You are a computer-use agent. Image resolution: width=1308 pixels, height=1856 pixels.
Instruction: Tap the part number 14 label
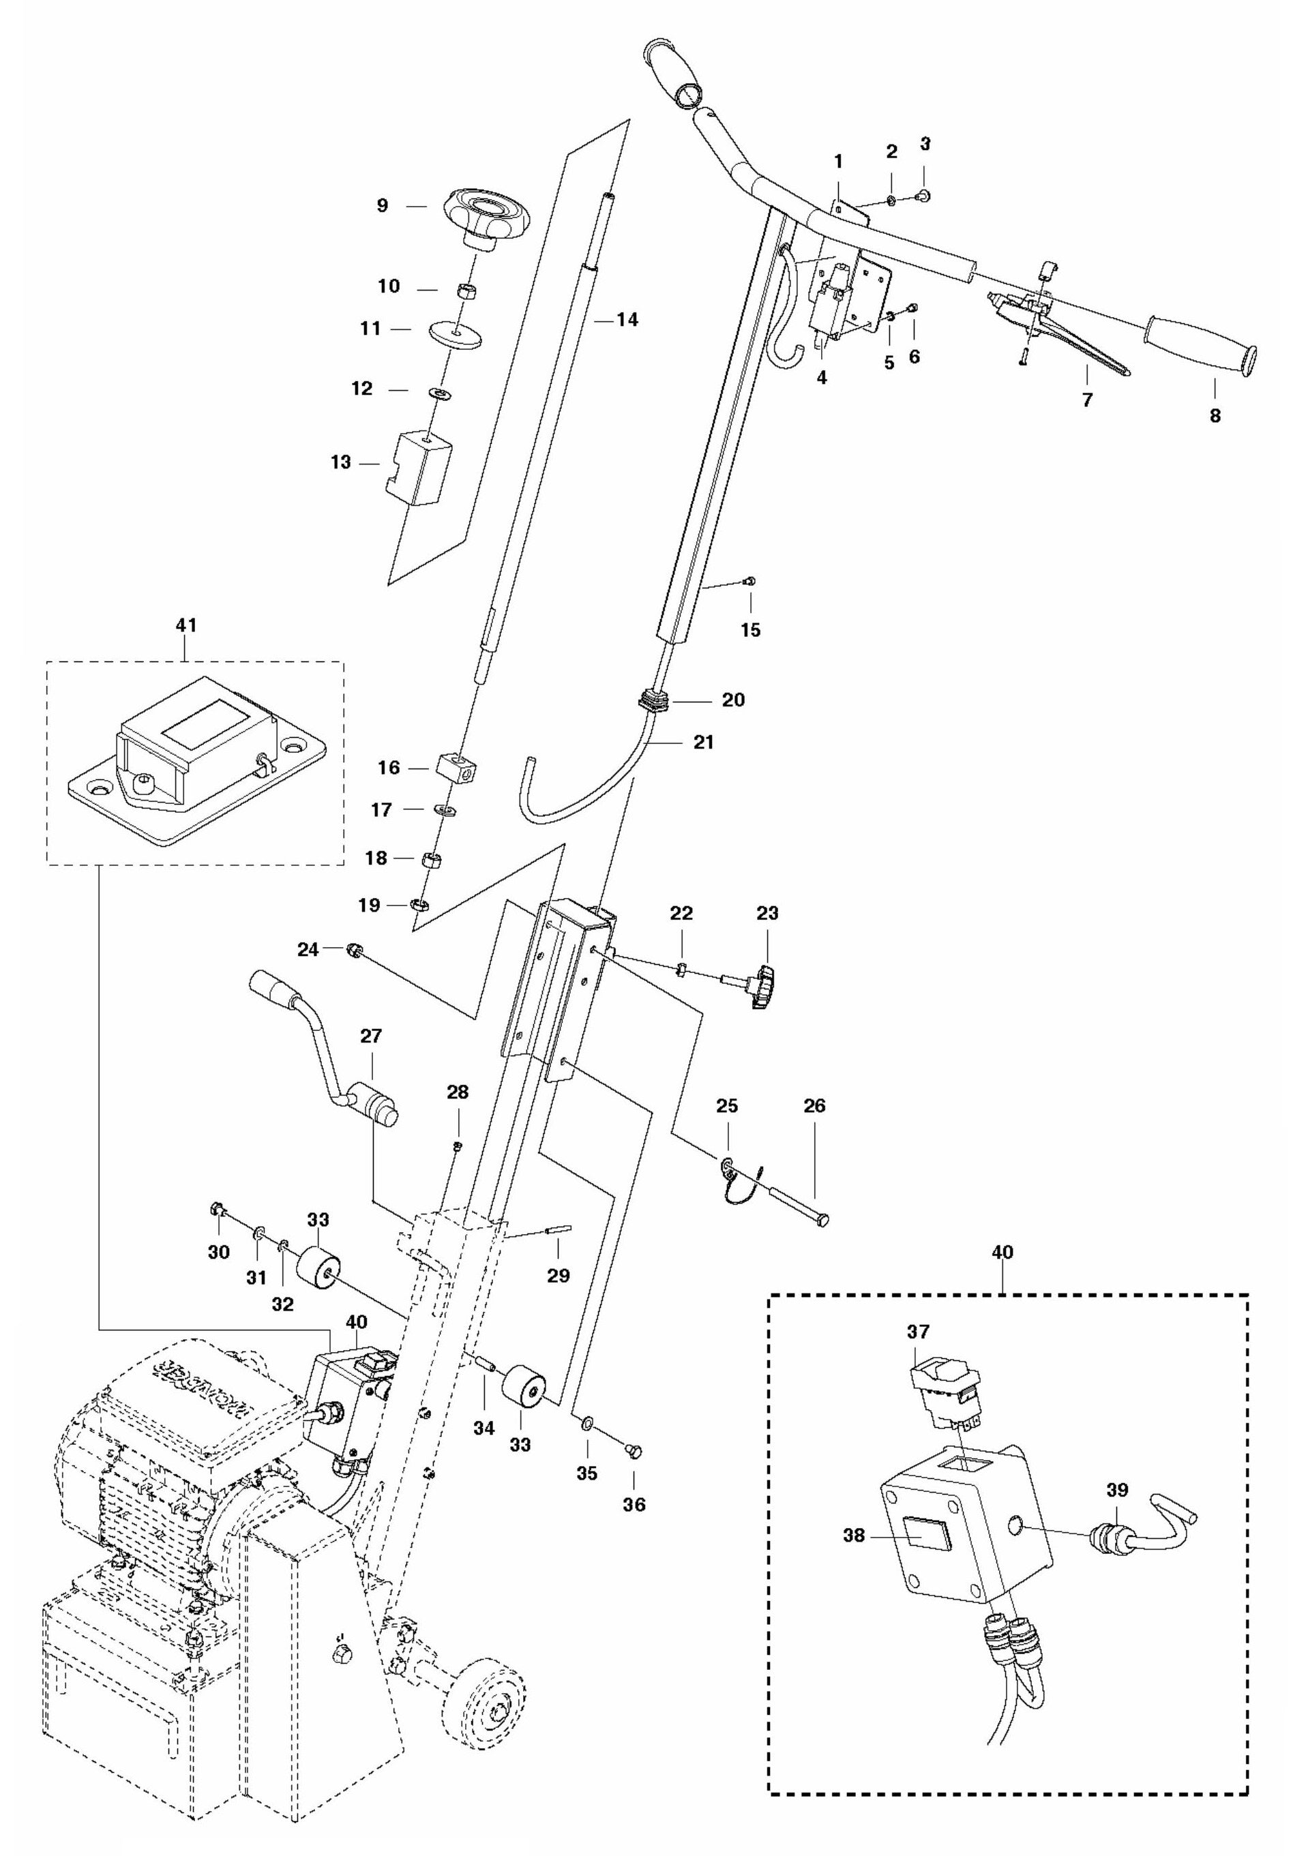pyautogui.click(x=627, y=320)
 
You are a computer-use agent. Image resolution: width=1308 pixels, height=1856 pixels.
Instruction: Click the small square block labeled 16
pyautogui.click(x=456, y=765)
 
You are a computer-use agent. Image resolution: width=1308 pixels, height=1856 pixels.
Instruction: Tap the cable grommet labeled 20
pyautogui.click(x=657, y=699)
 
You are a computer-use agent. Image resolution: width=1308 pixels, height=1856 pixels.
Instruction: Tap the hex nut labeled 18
pyautogui.click(x=431, y=858)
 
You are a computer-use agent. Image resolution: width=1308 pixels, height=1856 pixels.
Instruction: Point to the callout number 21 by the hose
pyautogui.click(x=703, y=741)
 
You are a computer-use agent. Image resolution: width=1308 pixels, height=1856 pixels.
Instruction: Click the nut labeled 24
pyautogui.click(x=353, y=949)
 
